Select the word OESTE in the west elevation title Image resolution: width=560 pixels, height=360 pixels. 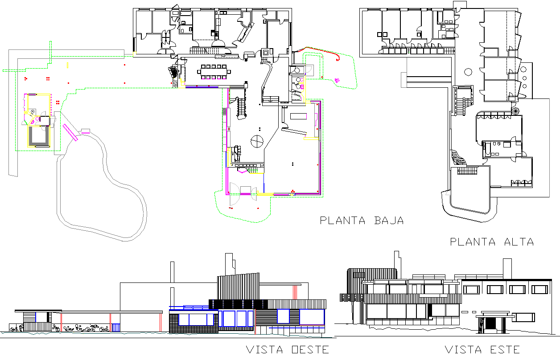pos(308,349)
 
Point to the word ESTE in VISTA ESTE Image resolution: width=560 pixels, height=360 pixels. pos(501,349)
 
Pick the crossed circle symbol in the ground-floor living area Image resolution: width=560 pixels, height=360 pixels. pos(257,141)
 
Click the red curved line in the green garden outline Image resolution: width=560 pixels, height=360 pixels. pos(338,57)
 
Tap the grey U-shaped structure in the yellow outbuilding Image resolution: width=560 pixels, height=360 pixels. pos(39,136)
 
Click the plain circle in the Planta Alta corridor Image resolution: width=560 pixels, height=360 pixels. pos(468,71)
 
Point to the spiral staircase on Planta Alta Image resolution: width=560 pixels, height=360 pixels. pos(516,110)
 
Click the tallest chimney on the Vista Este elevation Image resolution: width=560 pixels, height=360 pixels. pos(507,270)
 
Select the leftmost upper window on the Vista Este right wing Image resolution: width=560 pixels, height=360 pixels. pos(471,290)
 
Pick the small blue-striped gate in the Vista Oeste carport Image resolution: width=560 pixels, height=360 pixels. pos(115,327)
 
